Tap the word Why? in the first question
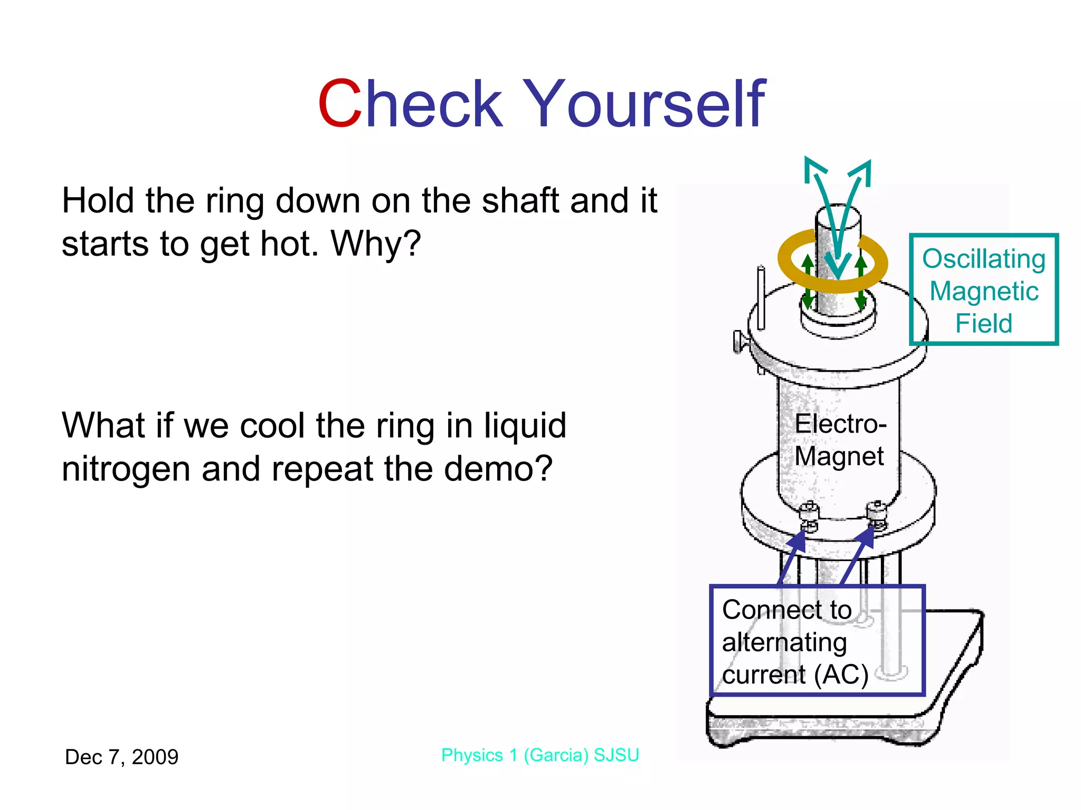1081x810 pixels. (376, 244)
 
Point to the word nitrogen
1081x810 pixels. (126, 469)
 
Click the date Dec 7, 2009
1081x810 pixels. (121, 757)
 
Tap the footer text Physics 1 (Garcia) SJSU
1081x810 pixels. (540, 755)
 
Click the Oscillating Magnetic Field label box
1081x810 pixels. (984, 290)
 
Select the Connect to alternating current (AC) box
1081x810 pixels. (817, 641)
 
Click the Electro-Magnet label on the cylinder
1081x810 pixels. (839, 440)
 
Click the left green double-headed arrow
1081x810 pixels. (808, 282)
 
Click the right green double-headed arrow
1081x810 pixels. (861, 282)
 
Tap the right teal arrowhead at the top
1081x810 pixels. (861, 171)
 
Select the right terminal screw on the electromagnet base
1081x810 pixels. (877, 514)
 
